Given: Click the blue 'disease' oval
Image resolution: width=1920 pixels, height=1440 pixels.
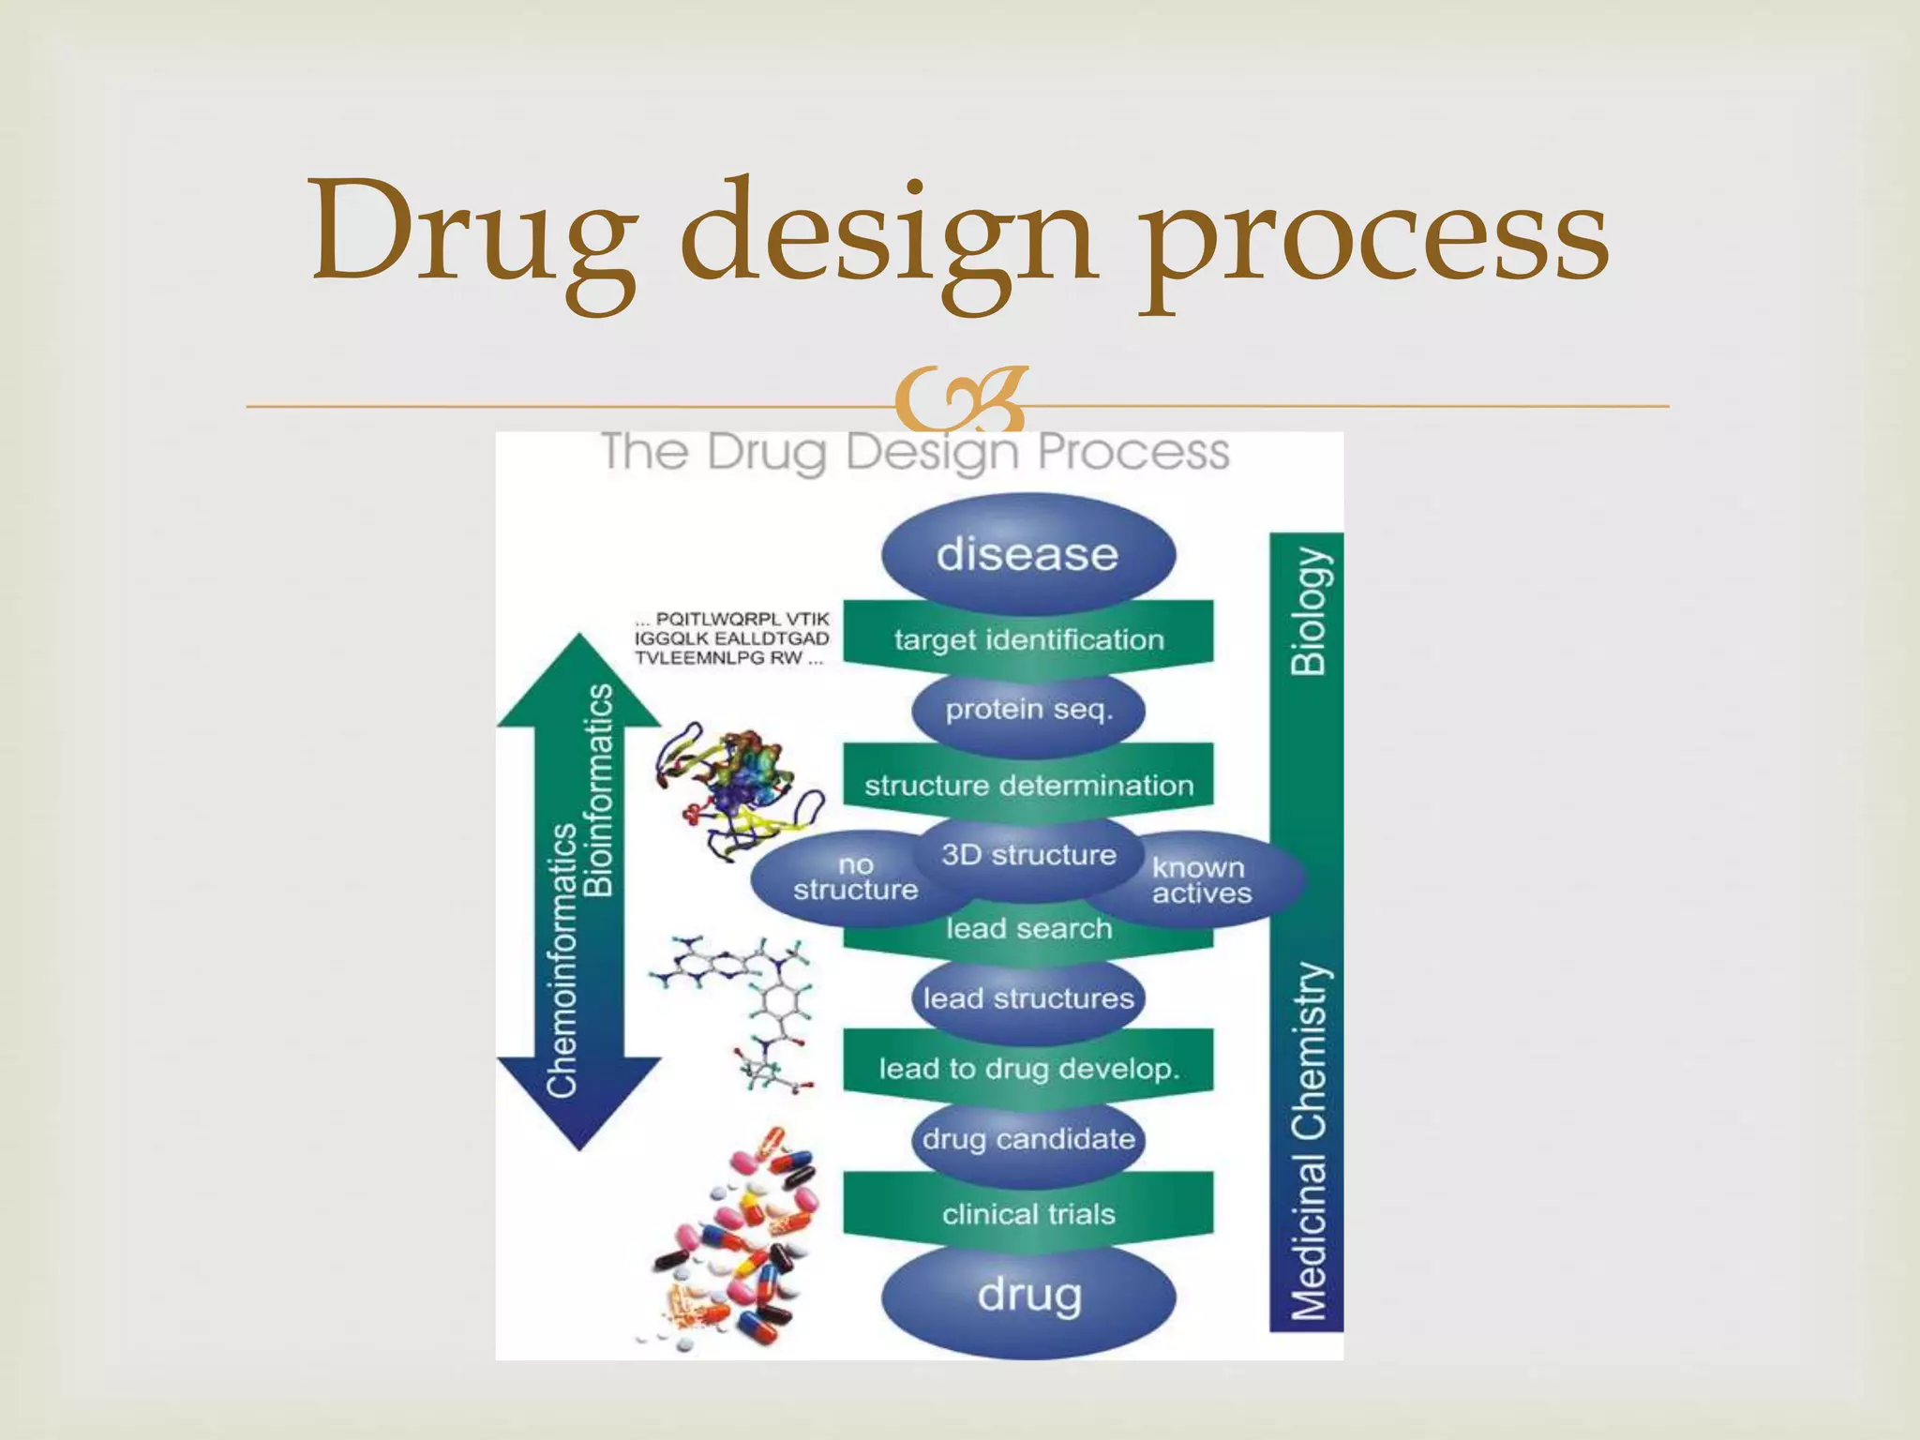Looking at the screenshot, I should [1027, 554].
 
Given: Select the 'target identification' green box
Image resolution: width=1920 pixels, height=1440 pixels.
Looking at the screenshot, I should [1028, 640].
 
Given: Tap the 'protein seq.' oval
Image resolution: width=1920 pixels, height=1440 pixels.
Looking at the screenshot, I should [1028, 710].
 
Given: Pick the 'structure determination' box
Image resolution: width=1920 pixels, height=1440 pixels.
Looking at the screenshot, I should [1028, 785].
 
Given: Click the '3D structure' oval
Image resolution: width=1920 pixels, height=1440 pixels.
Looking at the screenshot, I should [1028, 855].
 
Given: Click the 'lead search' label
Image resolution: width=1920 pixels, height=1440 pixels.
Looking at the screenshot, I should [1028, 929].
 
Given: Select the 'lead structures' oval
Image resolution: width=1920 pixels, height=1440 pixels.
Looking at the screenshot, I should [1028, 998].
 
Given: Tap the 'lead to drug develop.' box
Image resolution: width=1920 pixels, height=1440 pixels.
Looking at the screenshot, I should [1028, 1069].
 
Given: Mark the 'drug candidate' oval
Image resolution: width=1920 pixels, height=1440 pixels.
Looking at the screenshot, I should [1028, 1139].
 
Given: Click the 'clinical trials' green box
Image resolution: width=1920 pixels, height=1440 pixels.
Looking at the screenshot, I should [1028, 1214].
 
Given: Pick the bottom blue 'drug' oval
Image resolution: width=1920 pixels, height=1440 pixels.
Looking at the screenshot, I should [1028, 1297].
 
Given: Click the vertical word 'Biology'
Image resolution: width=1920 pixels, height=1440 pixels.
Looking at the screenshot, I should [1309, 612].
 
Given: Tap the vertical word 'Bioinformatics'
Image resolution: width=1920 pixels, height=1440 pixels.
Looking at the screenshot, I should [599, 790].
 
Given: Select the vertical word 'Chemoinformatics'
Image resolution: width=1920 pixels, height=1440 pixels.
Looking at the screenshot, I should [562, 960].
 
